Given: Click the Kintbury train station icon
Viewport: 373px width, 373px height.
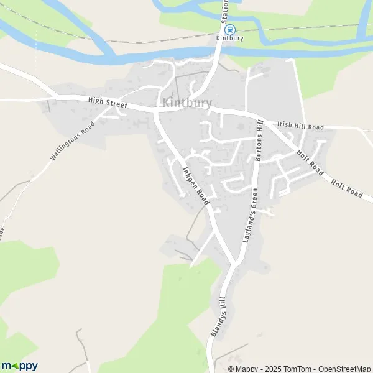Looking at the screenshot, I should [x=229, y=29].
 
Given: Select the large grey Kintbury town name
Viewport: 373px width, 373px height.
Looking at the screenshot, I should [x=187, y=103].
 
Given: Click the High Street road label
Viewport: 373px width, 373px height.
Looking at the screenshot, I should [x=107, y=103].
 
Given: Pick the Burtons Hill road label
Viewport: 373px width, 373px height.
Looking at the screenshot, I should [x=261, y=140].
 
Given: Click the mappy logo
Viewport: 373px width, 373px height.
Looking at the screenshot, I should [x=19, y=366].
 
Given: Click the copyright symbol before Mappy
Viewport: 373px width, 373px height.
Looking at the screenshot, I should [x=231, y=369].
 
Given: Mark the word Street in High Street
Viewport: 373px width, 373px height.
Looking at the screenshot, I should [x=116, y=104].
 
